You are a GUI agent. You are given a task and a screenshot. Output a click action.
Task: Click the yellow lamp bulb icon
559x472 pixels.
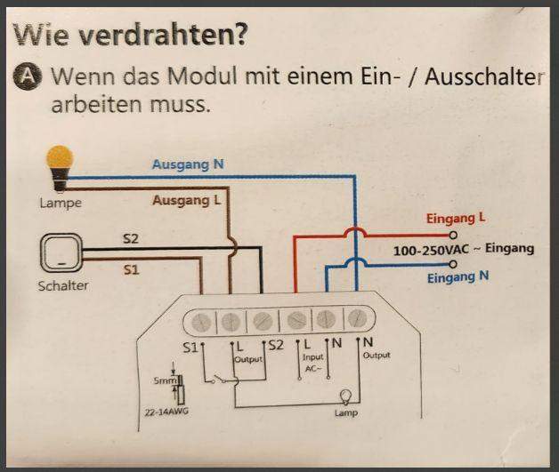click(x=59, y=165)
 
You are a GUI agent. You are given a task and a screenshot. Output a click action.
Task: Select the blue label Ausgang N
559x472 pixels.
click(x=187, y=164)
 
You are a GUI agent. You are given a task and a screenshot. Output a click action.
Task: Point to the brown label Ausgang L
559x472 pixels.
click(x=185, y=201)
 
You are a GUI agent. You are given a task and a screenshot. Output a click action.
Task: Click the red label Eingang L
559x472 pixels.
click(x=457, y=219)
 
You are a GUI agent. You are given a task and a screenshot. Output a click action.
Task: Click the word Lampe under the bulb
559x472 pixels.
click(x=61, y=203)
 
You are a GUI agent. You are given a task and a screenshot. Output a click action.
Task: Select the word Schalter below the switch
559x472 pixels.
click(x=62, y=286)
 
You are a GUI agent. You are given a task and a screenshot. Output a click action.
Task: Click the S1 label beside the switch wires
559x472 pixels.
click(x=130, y=269)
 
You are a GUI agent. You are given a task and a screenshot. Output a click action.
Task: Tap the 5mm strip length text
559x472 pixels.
click(x=164, y=380)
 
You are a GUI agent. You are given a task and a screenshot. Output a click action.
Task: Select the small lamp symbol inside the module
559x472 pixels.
click(x=345, y=397)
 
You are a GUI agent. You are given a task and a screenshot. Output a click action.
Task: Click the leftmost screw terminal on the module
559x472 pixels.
click(x=198, y=320)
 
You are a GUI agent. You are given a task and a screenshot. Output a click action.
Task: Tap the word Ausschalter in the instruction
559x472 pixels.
click(x=484, y=77)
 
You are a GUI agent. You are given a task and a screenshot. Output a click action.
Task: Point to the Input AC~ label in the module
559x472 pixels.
click(x=312, y=362)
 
